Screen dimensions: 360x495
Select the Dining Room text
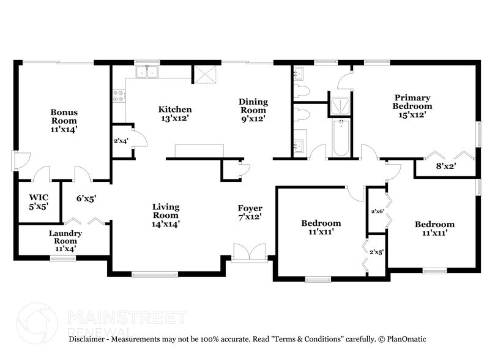[253, 110]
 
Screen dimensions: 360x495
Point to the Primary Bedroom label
[412, 106]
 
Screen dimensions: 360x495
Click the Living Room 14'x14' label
[166, 215]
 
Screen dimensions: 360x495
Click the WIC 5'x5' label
[39, 202]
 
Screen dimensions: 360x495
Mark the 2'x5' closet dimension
[376, 252]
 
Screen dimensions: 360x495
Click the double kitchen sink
[147, 73]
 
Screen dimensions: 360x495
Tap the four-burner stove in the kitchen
[119, 96]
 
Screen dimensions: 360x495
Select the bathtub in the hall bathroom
[340, 137]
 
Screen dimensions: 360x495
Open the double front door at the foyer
[248, 252]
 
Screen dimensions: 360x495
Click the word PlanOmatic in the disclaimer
[405, 339]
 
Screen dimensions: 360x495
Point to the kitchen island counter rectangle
[199, 151]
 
